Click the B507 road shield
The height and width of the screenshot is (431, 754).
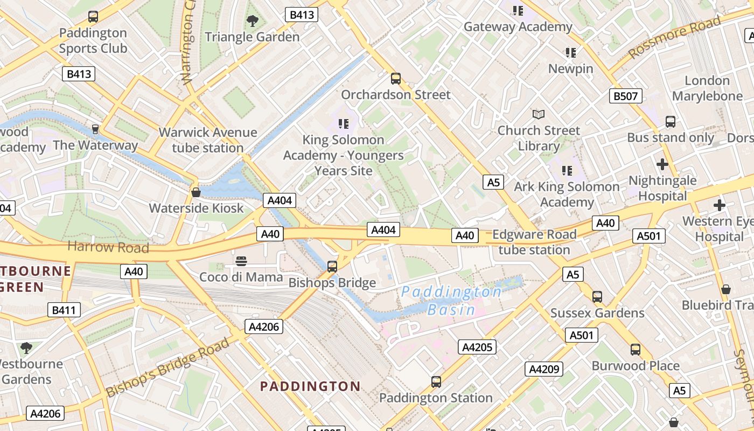click(x=625, y=96)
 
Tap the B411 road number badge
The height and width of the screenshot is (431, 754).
click(x=64, y=310)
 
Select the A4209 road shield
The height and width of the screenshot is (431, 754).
click(x=544, y=369)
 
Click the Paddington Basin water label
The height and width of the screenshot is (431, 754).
click(x=451, y=301)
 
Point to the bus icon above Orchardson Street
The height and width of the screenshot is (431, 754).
click(x=396, y=79)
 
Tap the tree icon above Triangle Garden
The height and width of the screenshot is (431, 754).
click(x=252, y=21)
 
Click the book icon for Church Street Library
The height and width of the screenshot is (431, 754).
click(x=539, y=114)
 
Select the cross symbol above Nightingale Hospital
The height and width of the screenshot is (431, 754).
click(x=662, y=164)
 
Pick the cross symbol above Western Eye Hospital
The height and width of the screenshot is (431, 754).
click(x=719, y=205)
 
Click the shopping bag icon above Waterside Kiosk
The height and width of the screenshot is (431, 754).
click(x=196, y=192)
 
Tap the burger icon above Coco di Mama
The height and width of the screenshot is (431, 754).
click(x=241, y=261)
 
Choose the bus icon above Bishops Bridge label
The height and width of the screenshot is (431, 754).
click(x=332, y=266)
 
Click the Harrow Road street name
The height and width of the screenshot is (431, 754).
click(x=108, y=247)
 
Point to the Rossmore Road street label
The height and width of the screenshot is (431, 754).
click(x=674, y=38)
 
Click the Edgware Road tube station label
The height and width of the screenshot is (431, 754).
click(x=534, y=242)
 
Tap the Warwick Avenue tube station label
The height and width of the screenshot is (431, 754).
click(x=208, y=140)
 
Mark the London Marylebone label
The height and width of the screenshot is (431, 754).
click(x=707, y=88)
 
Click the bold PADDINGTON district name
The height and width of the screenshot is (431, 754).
click(x=310, y=386)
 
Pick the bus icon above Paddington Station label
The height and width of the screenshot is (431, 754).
click(x=436, y=382)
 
